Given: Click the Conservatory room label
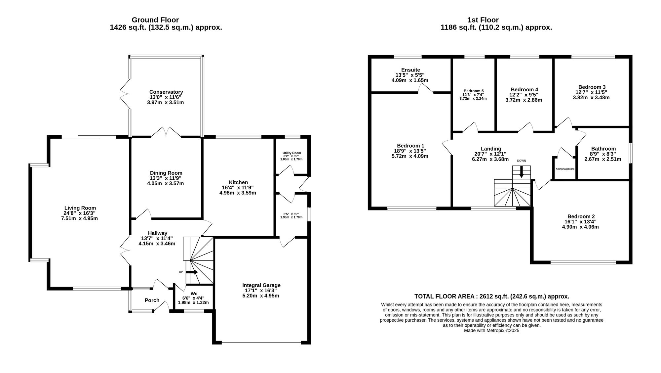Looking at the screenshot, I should pos(166,92).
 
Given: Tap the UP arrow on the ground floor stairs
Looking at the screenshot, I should pos(192,272).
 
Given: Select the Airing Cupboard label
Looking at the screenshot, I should pos(565,169).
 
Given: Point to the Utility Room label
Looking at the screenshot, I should pos(292,153).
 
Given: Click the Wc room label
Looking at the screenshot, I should pos(194,294).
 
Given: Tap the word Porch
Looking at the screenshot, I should pos(152,300).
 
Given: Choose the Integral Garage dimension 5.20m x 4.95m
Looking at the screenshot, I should pos(261,296).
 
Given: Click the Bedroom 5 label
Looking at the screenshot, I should pos(473,91).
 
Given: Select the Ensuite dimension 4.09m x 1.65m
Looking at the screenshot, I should pos(410,80).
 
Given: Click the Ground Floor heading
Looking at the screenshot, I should pos(155,20).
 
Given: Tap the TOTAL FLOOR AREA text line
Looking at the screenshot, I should pos(491,297).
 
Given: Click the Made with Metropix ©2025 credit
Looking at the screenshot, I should pos(491,330).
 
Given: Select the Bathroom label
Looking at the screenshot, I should pos(603,149).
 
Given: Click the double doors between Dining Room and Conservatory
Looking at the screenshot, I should pos(166,132).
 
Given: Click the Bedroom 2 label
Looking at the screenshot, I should pos(580,216).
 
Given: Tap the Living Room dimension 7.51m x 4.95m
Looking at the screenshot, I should pos(80,218).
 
